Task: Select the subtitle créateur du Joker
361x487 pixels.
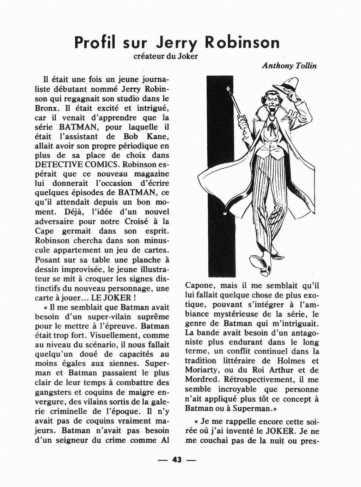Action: pos(166,56)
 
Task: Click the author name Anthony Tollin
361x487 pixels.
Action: pos(289,66)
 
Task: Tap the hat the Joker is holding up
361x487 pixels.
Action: pos(286,86)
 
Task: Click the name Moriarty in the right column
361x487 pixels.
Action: pos(201,370)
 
